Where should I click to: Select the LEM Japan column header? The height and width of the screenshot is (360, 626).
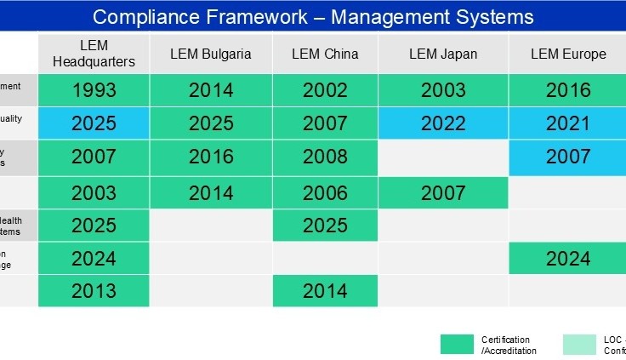pos(443,54)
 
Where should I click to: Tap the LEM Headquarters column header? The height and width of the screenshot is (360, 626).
pos(94,54)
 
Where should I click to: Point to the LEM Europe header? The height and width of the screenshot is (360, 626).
pos(568,54)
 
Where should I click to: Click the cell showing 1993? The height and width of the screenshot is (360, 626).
pos(94,90)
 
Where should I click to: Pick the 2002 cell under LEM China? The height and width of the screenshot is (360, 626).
pos(324,90)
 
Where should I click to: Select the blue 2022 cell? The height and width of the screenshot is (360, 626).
pos(443,123)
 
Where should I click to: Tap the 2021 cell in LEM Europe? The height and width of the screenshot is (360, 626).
pos(568,123)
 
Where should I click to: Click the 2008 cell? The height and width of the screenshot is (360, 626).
pos(324,157)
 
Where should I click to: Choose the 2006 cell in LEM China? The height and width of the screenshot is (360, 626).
pos(324,193)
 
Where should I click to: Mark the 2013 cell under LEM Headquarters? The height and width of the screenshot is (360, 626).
pos(94,291)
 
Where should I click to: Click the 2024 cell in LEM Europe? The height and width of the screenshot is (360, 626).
pos(568,259)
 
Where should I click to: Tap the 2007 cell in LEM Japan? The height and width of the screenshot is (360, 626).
pos(443,193)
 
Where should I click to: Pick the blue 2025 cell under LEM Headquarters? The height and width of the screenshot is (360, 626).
pos(94,123)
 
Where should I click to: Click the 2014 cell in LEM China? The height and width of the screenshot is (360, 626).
pos(324,291)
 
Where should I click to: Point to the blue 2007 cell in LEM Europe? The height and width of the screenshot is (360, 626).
pos(568,157)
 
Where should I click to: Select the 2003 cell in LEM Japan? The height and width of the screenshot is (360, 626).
pos(443,90)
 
